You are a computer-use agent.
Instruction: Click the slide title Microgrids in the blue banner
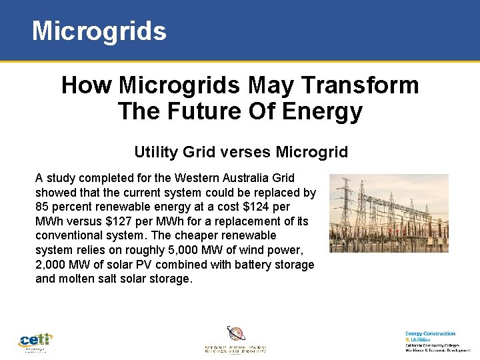(x=99, y=31)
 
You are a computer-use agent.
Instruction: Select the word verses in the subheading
(x=235, y=152)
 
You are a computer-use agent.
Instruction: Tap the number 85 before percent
(x=43, y=207)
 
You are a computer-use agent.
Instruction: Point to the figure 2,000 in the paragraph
(x=51, y=265)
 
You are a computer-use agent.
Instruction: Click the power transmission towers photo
(x=389, y=213)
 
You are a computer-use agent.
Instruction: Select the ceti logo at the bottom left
(x=35, y=341)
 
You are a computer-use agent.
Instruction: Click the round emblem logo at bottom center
(x=236, y=334)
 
